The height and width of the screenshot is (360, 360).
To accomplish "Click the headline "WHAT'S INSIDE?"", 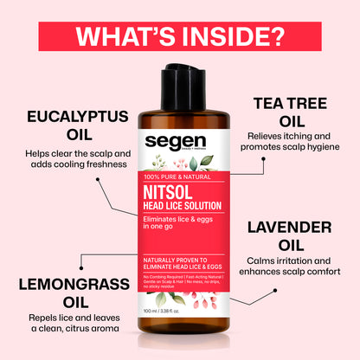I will click(x=180, y=37).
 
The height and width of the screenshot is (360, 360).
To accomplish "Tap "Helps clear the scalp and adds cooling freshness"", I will click(x=78, y=160).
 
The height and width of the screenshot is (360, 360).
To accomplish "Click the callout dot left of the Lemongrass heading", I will click(x=81, y=256).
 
